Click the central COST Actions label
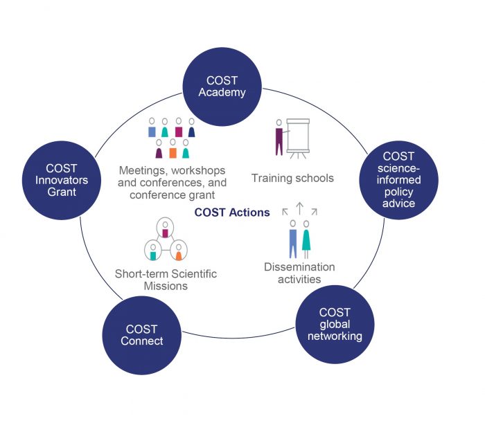coord(232,212)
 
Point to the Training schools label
coord(292,178)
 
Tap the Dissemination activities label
coord(299,273)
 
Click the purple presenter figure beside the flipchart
coord(279,138)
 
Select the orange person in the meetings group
coord(173,150)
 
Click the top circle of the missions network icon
coord(166,228)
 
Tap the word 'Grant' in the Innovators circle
coord(62,192)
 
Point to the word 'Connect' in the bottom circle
coord(142,341)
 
